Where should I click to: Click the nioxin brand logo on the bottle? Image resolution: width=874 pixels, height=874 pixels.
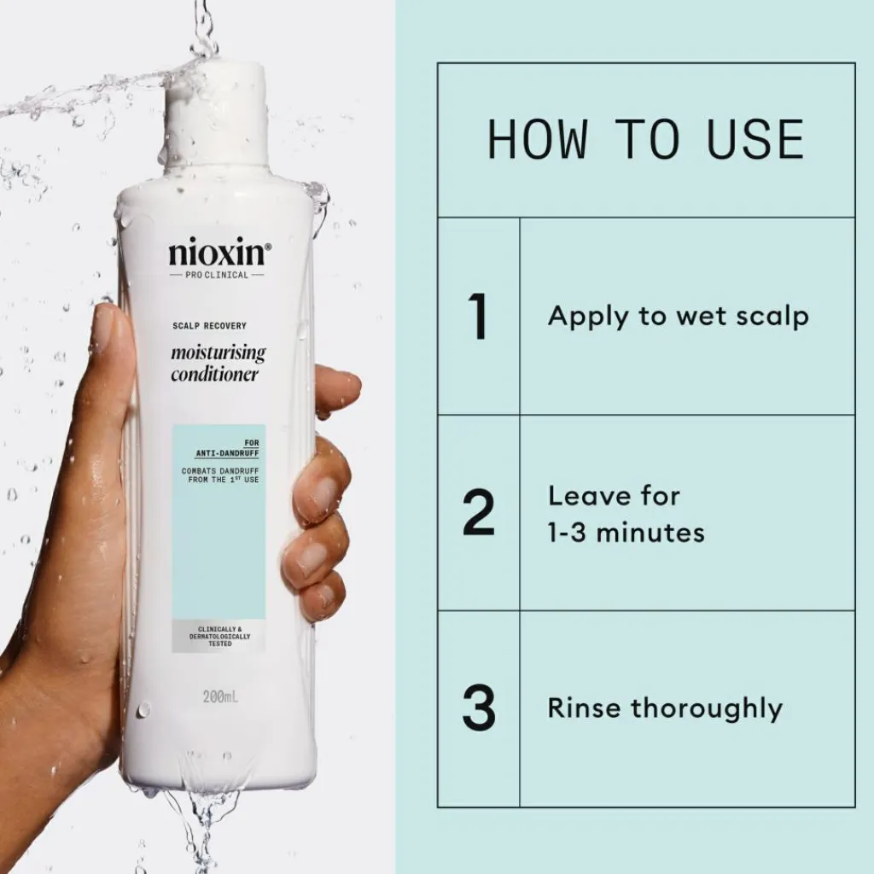[x=219, y=253]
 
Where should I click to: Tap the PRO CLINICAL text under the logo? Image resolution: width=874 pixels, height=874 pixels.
[x=217, y=275]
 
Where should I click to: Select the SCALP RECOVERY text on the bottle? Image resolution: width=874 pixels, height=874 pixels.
[x=209, y=325]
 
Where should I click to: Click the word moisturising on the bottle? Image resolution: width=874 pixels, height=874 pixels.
[x=218, y=353]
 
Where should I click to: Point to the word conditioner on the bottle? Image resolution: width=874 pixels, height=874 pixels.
[x=214, y=374]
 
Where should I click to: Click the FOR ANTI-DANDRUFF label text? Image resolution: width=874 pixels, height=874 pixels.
[x=227, y=448]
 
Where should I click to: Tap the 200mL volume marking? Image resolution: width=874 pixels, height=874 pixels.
[x=221, y=696]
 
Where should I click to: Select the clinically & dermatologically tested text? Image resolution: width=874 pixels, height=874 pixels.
[x=219, y=636]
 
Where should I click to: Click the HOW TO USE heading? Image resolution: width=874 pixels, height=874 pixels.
[x=646, y=139]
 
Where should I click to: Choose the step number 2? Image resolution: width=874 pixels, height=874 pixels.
[x=479, y=512]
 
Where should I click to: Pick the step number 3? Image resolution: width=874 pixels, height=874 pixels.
[x=479, y=708]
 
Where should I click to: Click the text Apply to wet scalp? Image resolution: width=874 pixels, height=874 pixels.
[x=678, y=318]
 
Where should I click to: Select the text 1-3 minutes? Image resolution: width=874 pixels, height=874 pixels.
[x=626, y=533]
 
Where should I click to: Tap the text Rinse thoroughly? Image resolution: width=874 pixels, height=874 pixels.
[x=665, y=709]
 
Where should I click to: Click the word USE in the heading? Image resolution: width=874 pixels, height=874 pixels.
[x=755, y=139]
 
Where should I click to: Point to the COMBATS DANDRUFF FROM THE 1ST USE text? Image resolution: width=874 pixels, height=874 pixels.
[x=221, y=475]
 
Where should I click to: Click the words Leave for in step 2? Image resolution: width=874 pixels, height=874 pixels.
[x=614, y=496]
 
